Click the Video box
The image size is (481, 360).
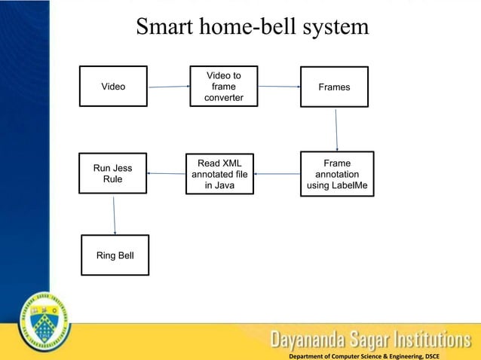coord(113,87)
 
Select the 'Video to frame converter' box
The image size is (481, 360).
coord(223,87)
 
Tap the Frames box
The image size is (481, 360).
coord(334,87)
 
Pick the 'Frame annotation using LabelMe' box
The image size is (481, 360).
coord(336,174)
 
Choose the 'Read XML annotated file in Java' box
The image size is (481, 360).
coord(219,174)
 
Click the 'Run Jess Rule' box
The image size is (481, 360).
coord(112,173)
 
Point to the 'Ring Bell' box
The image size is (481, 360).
coord(115,256)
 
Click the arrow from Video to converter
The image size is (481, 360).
coord(168,87)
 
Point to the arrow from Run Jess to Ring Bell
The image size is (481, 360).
coord(114,215)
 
